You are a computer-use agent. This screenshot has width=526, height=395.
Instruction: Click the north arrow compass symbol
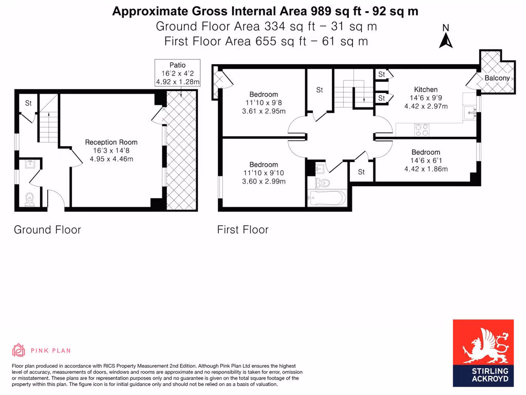tap(446, 37)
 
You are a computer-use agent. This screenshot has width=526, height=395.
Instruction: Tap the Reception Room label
tap(111, 142)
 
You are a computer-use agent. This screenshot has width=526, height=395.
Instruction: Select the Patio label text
tap(178, 65)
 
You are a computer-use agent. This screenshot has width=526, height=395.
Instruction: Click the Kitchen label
tap(426, 89)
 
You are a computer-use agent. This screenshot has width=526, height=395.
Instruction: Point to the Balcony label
tap(497, 78)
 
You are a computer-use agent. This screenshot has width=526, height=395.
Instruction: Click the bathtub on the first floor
tap(327, 198)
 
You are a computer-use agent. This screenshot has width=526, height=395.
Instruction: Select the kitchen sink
tap(469, 113)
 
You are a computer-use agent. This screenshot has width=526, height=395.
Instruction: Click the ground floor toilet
tap(29, 198)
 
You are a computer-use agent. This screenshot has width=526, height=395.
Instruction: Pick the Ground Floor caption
tap(47, 229)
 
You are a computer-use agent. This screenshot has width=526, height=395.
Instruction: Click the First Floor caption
tap(242, 229)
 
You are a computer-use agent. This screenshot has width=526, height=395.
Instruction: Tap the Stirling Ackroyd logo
tap(483, 353)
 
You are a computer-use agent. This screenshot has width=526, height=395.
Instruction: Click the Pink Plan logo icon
tap(19, 350)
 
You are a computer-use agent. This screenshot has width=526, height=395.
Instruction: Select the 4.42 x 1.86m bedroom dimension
tap(426, 169)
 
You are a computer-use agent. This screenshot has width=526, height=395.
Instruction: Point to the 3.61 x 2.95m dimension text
tap(264, 111)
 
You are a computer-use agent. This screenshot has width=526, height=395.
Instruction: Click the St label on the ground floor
tap(28, 103)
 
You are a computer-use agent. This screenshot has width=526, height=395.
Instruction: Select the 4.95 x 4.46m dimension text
tap(111, 159)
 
